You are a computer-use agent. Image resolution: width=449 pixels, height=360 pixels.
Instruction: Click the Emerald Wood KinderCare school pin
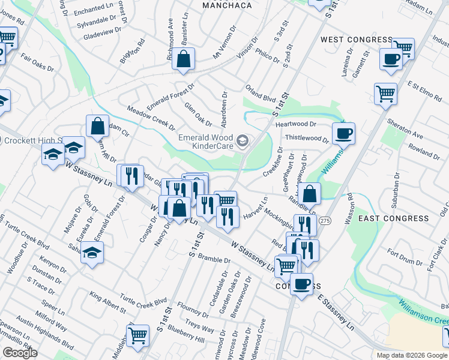click(243, 142)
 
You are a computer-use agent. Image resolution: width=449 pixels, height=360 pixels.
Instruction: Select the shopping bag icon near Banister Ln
click(184, 59)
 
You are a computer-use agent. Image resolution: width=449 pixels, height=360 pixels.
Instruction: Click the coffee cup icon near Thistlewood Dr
click(343, 133)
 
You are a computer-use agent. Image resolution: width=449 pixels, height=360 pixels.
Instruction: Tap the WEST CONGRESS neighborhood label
click(356, 40)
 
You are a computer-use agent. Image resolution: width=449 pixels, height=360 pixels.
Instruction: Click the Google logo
click(20, 353)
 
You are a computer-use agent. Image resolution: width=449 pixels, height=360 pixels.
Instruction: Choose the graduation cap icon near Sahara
click(92, 252)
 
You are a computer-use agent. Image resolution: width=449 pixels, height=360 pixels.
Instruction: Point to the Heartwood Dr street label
click(295, 124)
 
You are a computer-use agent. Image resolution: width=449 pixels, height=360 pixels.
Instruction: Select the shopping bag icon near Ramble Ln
click(309, 193)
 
